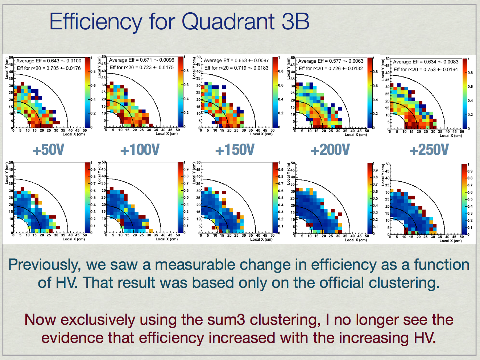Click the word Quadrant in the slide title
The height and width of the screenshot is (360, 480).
(228, 22)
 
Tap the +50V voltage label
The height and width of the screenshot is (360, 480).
(48, 150)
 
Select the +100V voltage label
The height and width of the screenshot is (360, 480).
(140, 150)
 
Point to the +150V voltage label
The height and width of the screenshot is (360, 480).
(235, 150)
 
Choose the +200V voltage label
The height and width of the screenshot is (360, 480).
(330, 150)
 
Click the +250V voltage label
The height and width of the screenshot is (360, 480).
(429, 150)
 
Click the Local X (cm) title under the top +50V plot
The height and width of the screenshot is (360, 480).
(74, 134)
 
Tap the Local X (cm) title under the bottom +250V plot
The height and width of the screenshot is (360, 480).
(451, 241)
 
